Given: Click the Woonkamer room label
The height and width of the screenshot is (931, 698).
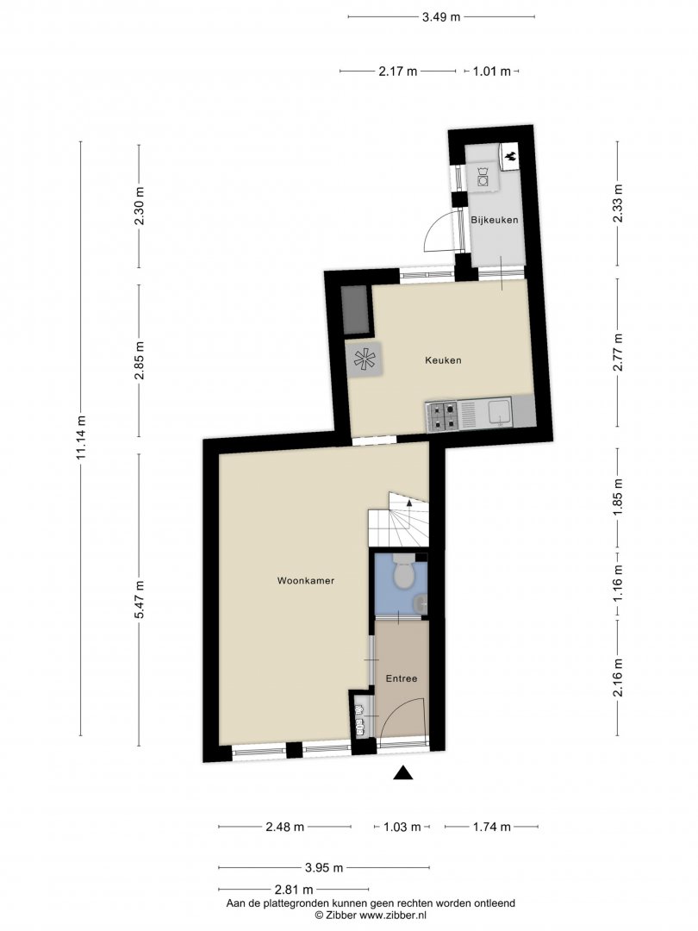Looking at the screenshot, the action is click(x=306, y=581).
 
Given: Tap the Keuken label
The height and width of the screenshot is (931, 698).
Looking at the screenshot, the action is click(x=443, y=359).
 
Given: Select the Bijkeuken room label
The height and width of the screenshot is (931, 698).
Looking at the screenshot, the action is click(x=495, y=220).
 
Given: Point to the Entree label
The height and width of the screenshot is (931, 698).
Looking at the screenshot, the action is click(x=402, y=678).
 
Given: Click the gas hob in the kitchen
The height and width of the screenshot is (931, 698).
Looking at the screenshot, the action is click(x=443, y=416).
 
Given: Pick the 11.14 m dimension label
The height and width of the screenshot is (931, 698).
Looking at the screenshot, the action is click(x=81, y=437).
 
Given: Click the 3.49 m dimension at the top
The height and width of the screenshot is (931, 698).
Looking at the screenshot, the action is click(x=441, y=16).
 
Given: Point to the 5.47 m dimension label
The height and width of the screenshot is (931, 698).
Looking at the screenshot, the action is click(x=139, y=600).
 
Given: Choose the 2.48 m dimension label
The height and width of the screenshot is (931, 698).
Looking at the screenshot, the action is click(x=285, y=827).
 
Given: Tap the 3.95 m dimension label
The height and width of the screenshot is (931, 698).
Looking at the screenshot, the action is click(x=324, y=868).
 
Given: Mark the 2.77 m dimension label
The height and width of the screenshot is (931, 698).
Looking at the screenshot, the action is click(x=618, y=353).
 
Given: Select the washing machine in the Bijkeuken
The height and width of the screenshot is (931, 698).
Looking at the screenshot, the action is click(x=483, y=177).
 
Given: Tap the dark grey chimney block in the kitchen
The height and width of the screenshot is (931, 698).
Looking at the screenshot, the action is click(x=356, y=310).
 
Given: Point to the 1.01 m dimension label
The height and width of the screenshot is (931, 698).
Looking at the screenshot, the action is click(x=491, y=72).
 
